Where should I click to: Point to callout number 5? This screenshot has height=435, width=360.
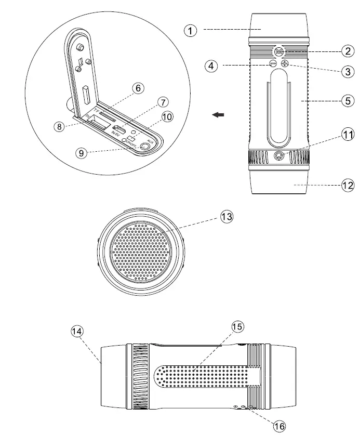point(347,101)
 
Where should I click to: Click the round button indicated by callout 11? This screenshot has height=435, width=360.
point(280,155)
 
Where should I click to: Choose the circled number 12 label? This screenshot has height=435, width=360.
point(347,184)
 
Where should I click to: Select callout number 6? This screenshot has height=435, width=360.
point(138,88)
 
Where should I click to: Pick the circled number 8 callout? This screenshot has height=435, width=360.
point(61,126)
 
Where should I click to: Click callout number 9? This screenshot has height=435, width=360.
point(81,153)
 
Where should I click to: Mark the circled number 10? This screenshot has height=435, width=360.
point(167,117)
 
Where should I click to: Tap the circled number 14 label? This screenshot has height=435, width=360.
point(77,331)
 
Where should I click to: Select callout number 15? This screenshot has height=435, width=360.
point(237,326)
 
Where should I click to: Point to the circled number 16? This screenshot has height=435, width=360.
point(279,426)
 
